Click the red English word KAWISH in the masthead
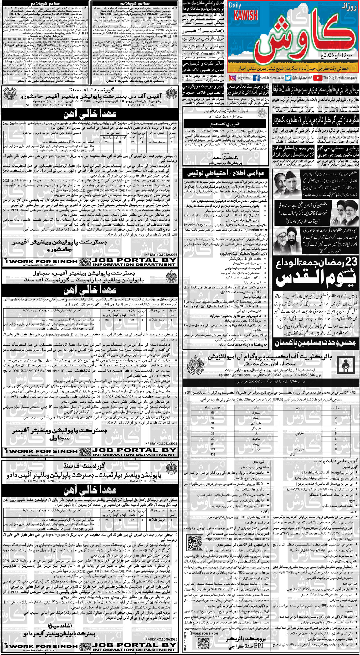click(247, 15)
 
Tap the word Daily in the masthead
click(235, 5)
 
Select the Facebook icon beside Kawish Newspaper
click(256, 78)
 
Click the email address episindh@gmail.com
click(224, 375)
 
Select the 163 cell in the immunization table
click(213, 449)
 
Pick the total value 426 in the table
click(213, 454)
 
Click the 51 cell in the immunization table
click(213, 413)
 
